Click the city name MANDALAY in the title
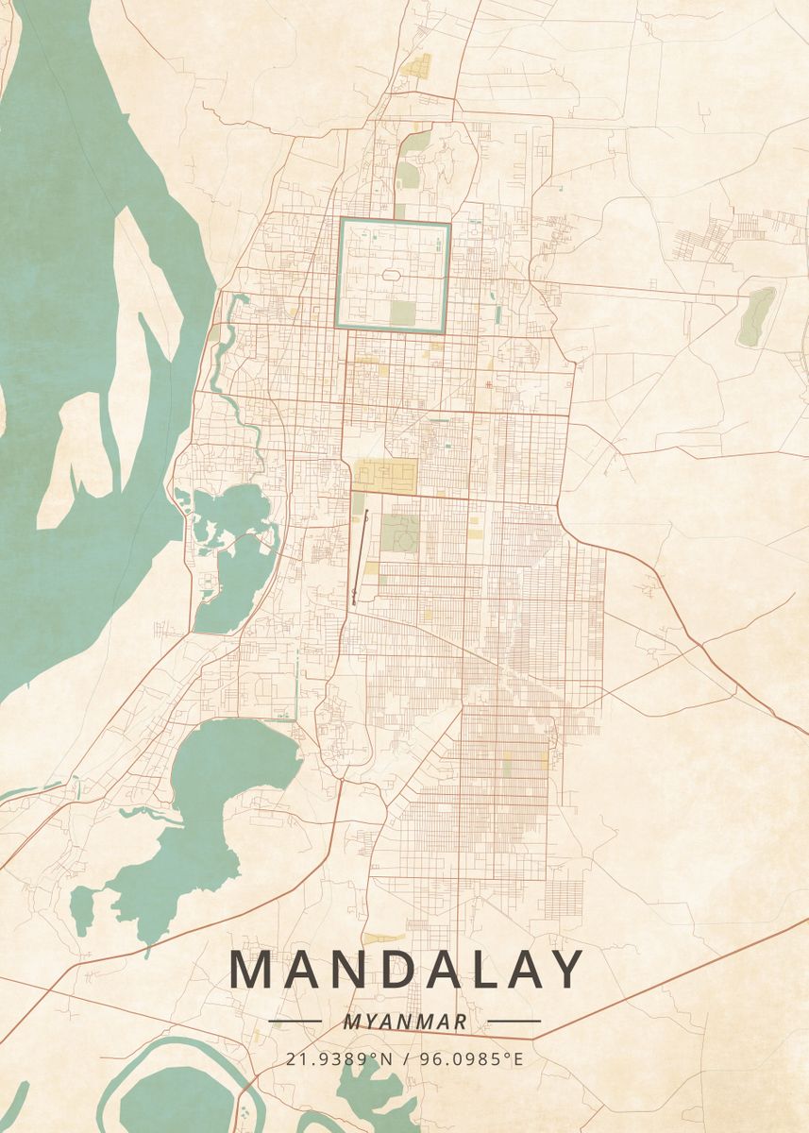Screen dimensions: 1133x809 coord(406,970)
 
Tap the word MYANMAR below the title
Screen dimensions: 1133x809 coord(405,1022)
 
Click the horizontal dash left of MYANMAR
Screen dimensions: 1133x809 coord(295,1022)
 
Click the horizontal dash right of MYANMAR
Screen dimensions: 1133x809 coord(514,1022)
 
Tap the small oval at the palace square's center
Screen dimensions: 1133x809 coord(392,276)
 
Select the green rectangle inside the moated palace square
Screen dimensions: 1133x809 coord(403,312)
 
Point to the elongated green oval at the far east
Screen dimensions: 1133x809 coord(757,315)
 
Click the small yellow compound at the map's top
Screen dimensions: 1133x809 coord(416,66)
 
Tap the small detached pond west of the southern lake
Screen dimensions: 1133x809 coord(82,907)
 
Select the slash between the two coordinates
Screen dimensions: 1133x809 coord(406,1058)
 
